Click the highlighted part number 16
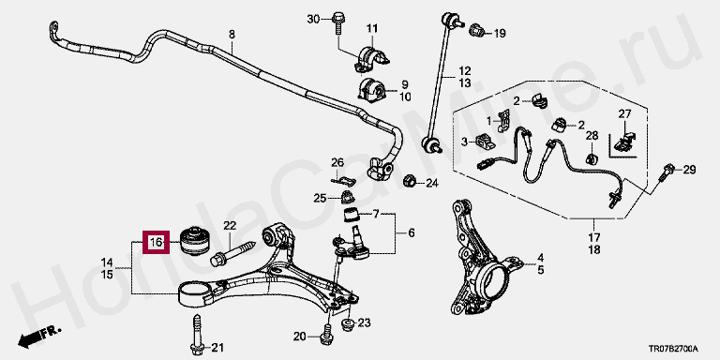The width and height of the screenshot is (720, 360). [x=157, y=242]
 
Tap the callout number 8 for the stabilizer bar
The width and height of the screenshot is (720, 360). [x=232, y=34]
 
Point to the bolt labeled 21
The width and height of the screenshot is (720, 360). [x=196, y=335]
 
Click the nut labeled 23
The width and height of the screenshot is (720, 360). [x=348, y=323]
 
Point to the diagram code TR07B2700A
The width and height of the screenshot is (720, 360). [x=673, y=349]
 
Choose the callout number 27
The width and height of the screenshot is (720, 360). [x=624, y=113]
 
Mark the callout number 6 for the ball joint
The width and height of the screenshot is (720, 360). [x=411, y=233]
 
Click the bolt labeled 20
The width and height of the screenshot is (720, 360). [x=327, y=334]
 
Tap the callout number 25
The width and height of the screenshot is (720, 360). [x=320, y=199]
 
